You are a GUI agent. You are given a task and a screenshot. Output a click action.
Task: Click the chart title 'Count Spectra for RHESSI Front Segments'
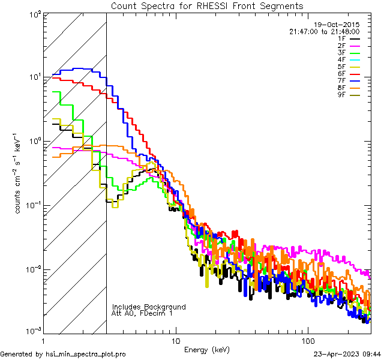tap(207, 5)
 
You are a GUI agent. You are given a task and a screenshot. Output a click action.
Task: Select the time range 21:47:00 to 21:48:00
tap(324, 31)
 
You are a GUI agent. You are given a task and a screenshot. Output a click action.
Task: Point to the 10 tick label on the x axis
tap(175, 341)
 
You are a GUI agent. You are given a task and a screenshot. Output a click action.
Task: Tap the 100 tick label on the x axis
tap(308, 341)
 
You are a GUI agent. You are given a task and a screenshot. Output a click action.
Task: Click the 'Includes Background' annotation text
tap(149, 307)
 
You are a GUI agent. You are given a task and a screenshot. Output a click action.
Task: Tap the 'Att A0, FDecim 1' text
tap(142, 313)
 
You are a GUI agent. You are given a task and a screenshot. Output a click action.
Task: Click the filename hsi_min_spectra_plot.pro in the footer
tap(86, 355)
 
